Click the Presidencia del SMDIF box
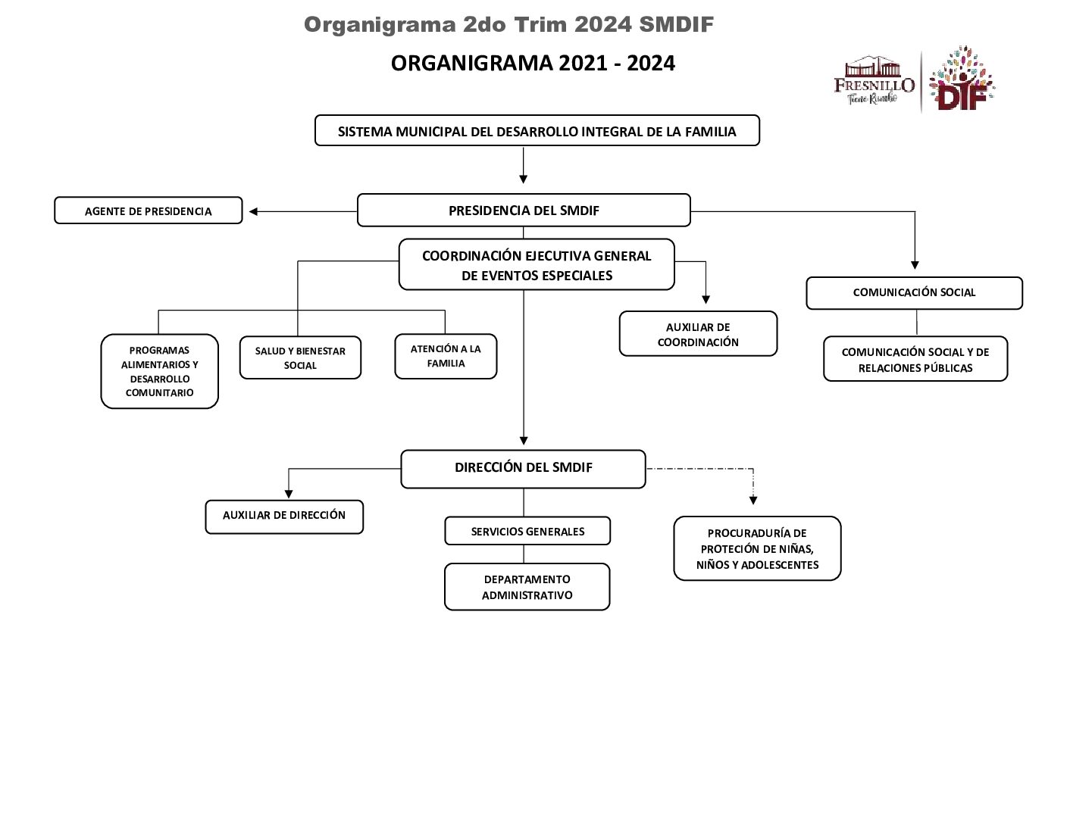523,211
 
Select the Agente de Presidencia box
148,211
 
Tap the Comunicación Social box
914,293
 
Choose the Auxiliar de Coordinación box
698,334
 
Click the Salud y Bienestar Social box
300,357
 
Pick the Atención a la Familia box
446,356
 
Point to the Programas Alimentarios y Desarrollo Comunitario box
159,371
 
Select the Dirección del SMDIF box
523,468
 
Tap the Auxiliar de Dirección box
284,516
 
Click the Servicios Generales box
527,532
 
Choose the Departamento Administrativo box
527,587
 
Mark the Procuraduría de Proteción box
757,549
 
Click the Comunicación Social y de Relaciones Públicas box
915,360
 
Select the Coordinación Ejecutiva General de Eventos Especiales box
537,265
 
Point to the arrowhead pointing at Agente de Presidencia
254,212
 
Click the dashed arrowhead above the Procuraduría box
753,500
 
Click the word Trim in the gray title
542,25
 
